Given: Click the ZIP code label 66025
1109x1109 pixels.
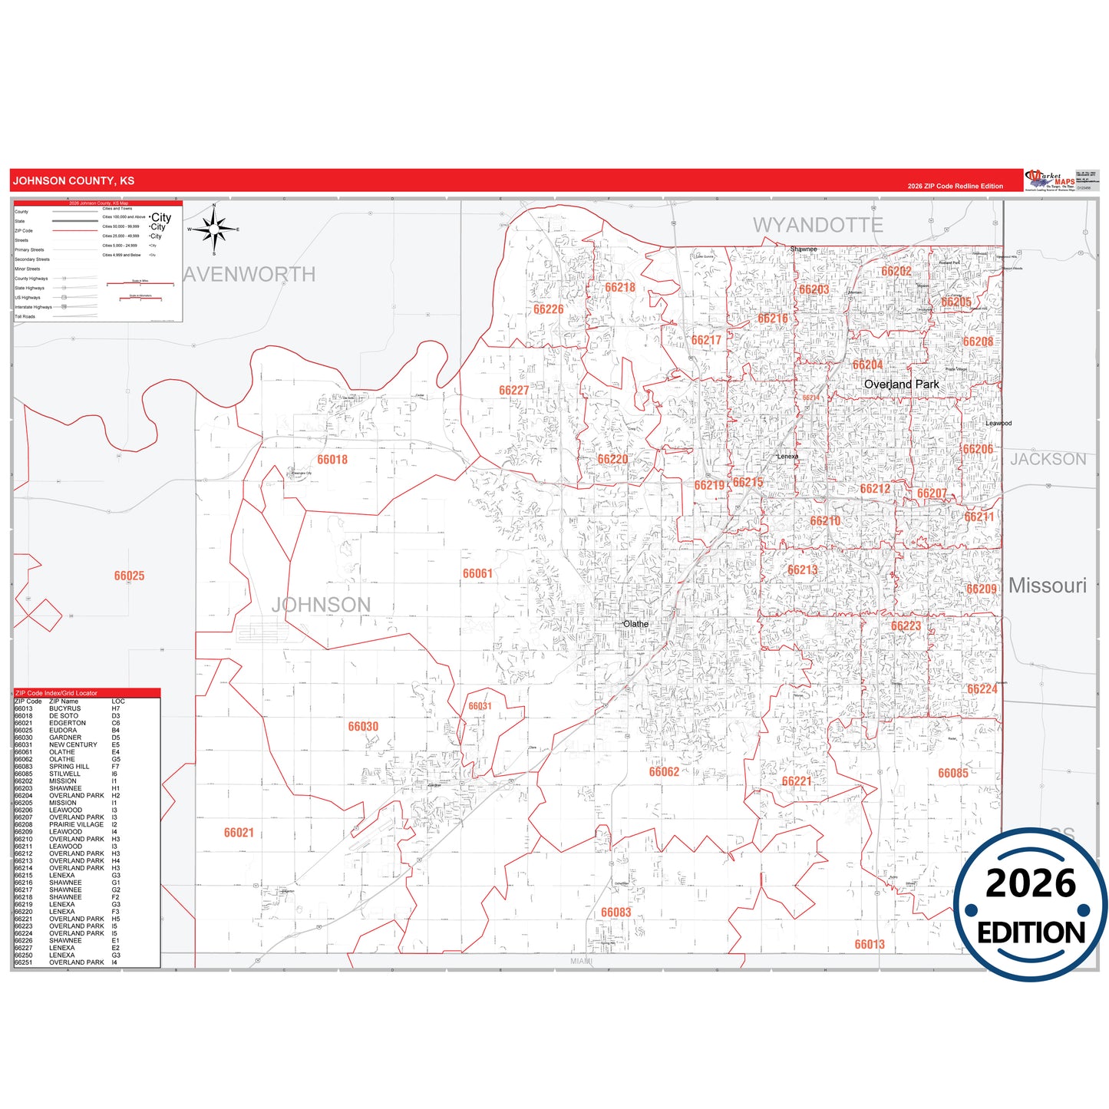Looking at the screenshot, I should pyautogui.click(x=129, y=576).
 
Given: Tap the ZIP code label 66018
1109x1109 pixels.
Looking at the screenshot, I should pyautogui.click(x=332, y=460).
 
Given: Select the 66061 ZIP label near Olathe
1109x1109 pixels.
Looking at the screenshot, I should pyautogui.click(x=477, y=573).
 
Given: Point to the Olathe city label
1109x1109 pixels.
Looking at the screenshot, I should pyautogui.click(x=635, y=624).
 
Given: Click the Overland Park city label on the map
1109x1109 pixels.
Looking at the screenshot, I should pyautogui.click(x=901, y=384).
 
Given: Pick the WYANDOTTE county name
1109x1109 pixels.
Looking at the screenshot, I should pyautogui.click(x=817, y=225).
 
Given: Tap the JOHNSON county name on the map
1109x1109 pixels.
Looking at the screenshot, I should pyautogui.click(x=321, y=605).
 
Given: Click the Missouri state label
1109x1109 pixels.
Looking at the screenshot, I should pyautogui.click(x=1047, y=586).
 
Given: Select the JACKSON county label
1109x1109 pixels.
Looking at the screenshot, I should pyautogui.click(x=1048, y=459).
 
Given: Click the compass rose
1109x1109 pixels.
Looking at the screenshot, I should pyautogui.click(x=214, y=229).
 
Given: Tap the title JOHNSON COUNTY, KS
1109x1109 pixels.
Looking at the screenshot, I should pyautogui.click(x=74, y=181).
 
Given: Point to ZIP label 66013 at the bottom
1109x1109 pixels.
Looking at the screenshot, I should pyautogui.click(x=870, y=944).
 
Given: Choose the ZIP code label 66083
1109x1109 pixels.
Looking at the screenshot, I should pyautogui.click(x=616, y=912).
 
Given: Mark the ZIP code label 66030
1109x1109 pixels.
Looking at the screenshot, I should pyautogui.click(x=363, y=726).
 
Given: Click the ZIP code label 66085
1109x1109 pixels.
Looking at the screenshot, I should pyautogui.click(x=953, y=773).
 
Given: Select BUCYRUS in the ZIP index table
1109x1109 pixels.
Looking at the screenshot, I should pyautogui.click(x=64, y=708).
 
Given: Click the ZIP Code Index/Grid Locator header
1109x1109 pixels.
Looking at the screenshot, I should pyautogui.click(x=57, y=693).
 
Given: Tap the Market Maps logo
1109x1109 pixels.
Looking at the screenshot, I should pyautogui.click(x=1051, y=180).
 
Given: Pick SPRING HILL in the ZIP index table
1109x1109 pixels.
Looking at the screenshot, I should pyautogui.click(x=69, y=767).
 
